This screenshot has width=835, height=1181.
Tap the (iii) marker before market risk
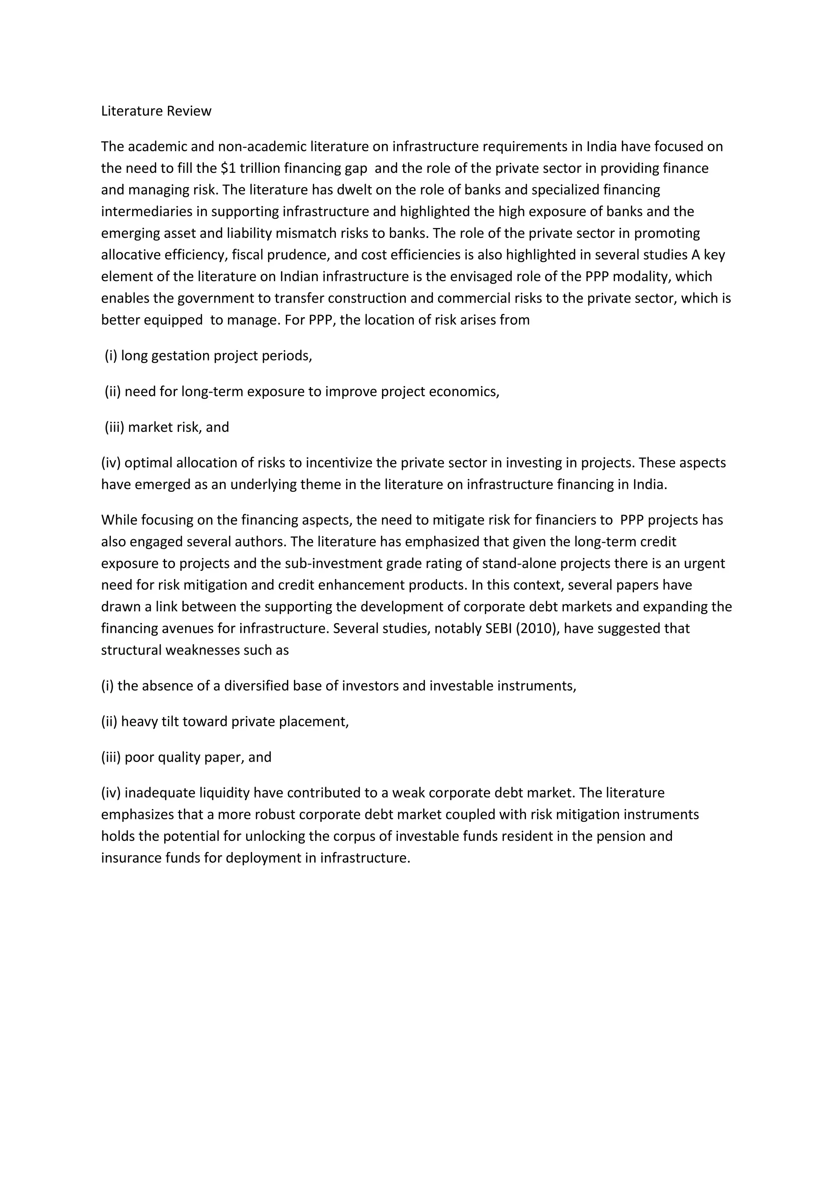[x=114, y=427]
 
